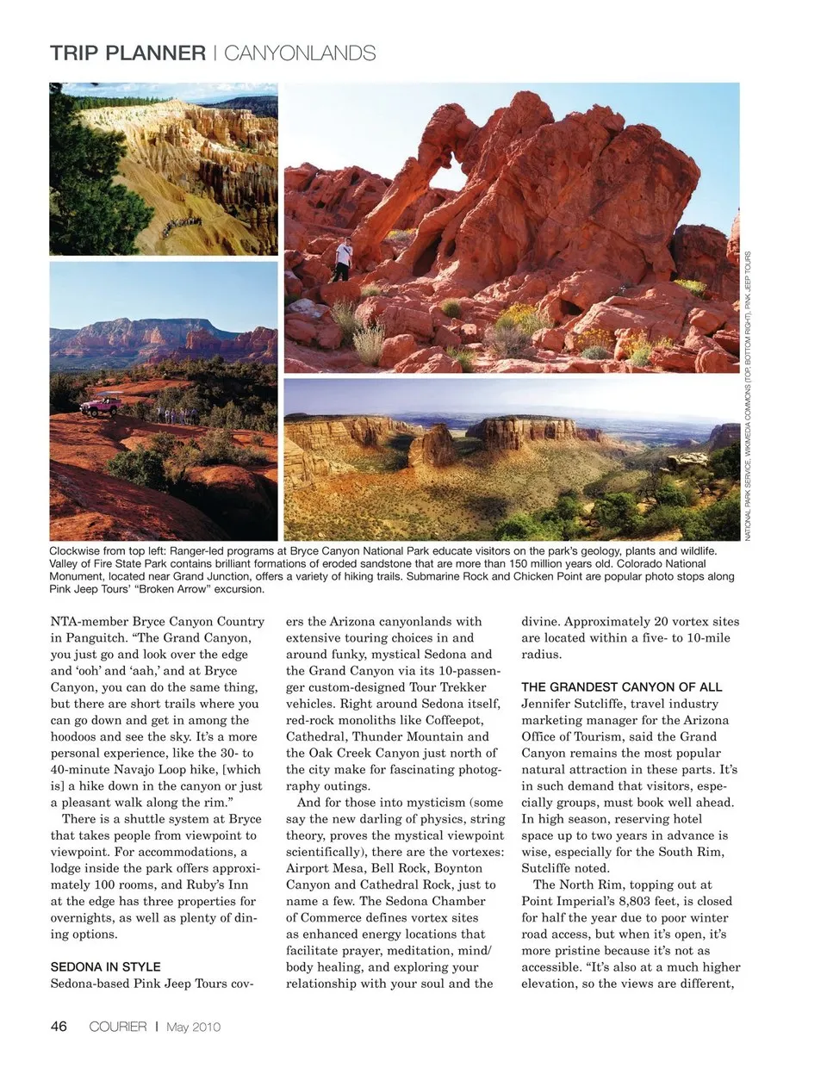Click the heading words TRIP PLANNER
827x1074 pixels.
click(127, 53)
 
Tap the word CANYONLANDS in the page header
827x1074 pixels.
click(300, 53)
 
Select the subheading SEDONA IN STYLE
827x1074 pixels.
click(105, 967)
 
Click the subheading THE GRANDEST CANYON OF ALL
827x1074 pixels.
click(621, 687)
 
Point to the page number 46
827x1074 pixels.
click(59, 1027)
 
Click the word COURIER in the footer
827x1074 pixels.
click(118, 1027)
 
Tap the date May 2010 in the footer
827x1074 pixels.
click(194, 1027)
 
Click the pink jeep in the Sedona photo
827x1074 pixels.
click(100, 405)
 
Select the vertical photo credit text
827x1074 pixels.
click(748, 396)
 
